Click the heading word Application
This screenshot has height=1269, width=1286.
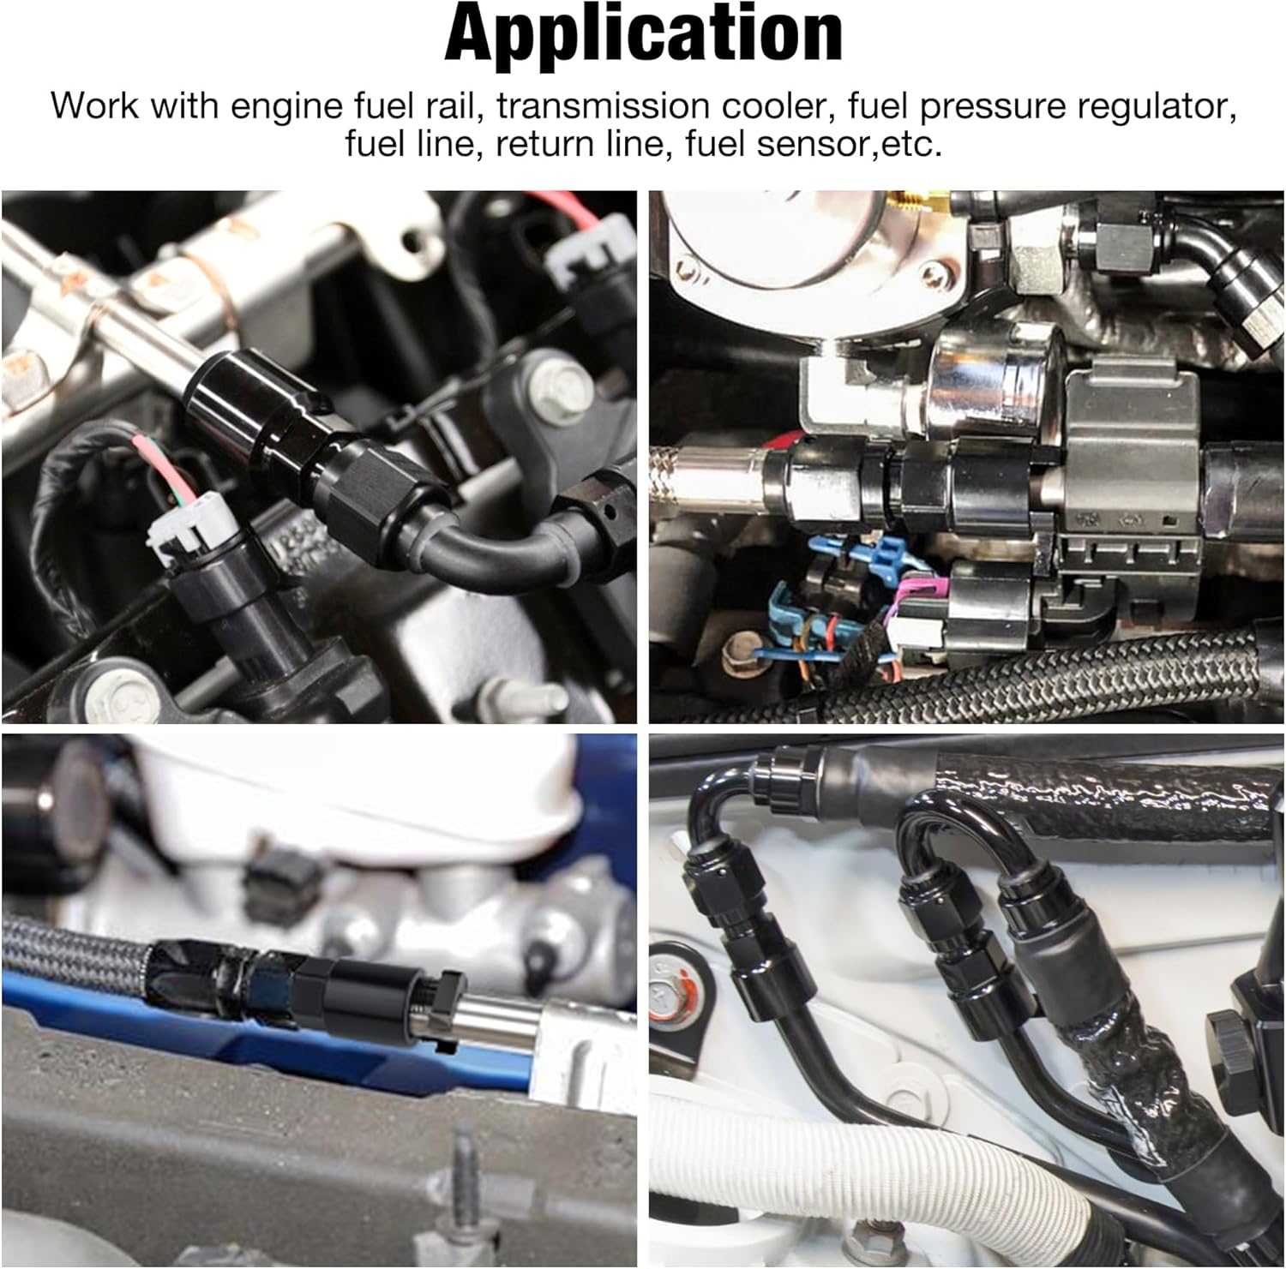pyautogui.click(x=643, y=34)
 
